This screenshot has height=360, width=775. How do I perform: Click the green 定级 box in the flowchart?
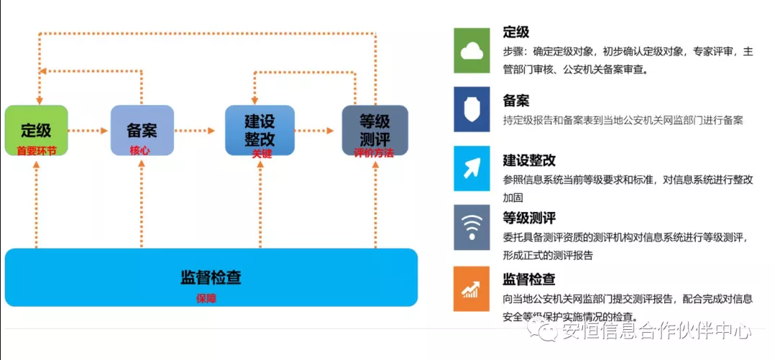[x=36, y=130]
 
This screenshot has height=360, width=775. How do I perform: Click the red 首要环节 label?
[x=36, y=151]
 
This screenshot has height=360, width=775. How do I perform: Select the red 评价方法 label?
[x=374, y=153]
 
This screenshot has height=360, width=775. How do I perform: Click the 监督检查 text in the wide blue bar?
[x=210, y=277]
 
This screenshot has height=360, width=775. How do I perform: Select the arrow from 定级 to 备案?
[x=88, y=131]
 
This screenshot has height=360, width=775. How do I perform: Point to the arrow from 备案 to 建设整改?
[x=195, y=131]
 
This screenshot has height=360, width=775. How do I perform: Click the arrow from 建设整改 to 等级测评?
[x=316, y=131]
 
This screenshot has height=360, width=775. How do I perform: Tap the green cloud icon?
[x=472, y=50]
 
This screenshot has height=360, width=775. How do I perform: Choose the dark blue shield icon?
[x=472, y=109]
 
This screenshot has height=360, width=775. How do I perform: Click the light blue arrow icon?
[x=472, y=169]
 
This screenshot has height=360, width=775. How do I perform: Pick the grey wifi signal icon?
[x=472, y=228]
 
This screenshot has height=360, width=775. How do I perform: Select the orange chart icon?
[x=472, y=288]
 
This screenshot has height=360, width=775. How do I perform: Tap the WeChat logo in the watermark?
[x=544, y=331]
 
